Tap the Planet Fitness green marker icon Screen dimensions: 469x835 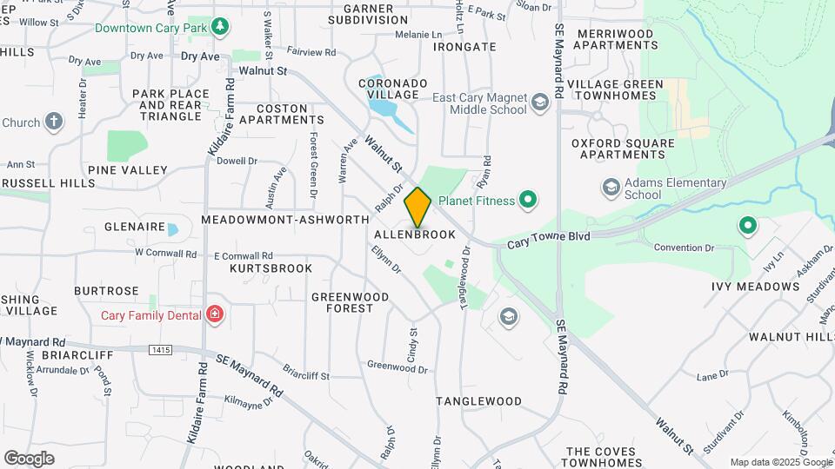pyautogui.click(x=527, y=201)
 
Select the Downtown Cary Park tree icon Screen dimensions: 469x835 pyautogui.click(x=221, y=27)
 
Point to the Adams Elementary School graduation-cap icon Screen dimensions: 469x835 pyautogui.click(x=611, y=188)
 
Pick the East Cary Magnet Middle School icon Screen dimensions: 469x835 pyautogui.click(x=539, y=104)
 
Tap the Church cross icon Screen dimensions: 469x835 pyautogui.click(x=54, y=122)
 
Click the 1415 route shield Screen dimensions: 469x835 pyautogui.click(x=159, y=350)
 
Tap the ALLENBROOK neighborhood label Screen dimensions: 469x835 pyautogui.click(x=415, y=235)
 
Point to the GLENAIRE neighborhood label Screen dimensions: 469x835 pyautogui.click(x=135, y=228)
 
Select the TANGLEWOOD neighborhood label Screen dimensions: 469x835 pyautogui.click(x=478, y=401)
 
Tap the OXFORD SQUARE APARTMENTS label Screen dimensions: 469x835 pyautogui.click(x=623, y=149)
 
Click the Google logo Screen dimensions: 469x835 pyautogui.click(x=29, y=458)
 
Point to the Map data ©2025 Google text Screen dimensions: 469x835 pyautogui.click(x=781, y=462)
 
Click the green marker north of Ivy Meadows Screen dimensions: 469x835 pyautogui.click(x=747, y=227)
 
